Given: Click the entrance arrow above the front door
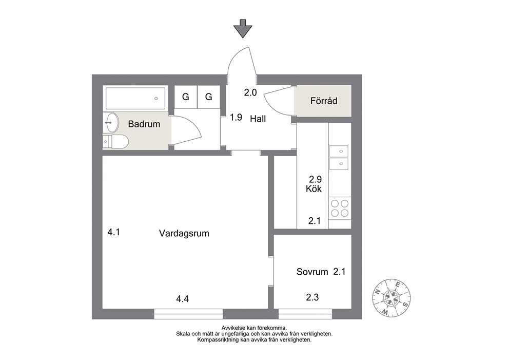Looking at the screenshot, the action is [x=243, y=29].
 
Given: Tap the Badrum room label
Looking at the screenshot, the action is [x=144, y=124].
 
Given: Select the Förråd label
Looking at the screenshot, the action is [x=324, y=101].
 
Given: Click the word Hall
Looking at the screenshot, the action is [x=258, y=119].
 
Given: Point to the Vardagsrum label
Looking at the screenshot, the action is [x=184, y=233].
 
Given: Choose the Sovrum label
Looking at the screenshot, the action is [x=312, y=272].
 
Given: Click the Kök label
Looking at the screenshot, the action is [x=314, y=189].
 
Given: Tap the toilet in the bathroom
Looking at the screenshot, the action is [x=115, y=142].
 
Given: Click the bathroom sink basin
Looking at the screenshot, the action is [x=111, y=123].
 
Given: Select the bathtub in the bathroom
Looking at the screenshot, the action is [x=135, y=98].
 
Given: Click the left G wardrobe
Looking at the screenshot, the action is [x=186, y=97].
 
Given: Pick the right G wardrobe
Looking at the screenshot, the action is [x=209, y=97].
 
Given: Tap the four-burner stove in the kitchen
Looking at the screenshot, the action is [x=340, y=209].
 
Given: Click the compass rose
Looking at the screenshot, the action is [x=391, y=298].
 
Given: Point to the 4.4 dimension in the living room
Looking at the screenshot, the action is [x=183, y=298].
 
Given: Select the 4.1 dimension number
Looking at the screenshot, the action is [x=114, y=232].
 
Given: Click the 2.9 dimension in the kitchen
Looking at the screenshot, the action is [x=315, y=179].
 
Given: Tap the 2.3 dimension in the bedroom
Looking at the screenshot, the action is [x=312, y=297].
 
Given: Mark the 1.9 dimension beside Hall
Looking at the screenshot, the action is [x=236, y=117].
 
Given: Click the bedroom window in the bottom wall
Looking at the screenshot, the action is [x=305, y=314].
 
